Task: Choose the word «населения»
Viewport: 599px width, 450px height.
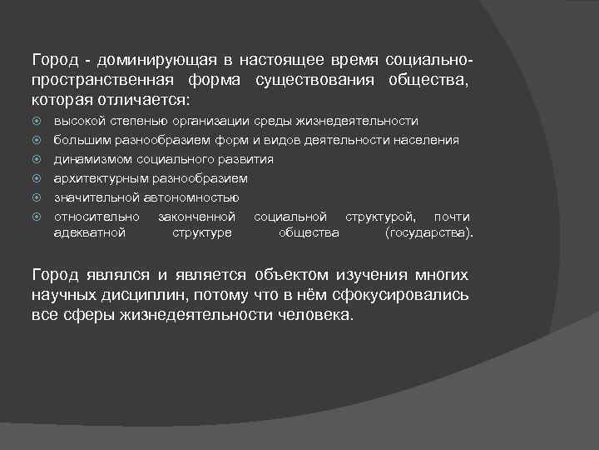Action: click(x=428, y=140)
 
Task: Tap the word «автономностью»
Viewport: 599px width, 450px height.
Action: click(x=191, y=197)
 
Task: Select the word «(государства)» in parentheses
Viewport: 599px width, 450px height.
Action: click(x=429, y=232)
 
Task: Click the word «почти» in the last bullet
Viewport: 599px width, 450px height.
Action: click(x=452, y=217)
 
